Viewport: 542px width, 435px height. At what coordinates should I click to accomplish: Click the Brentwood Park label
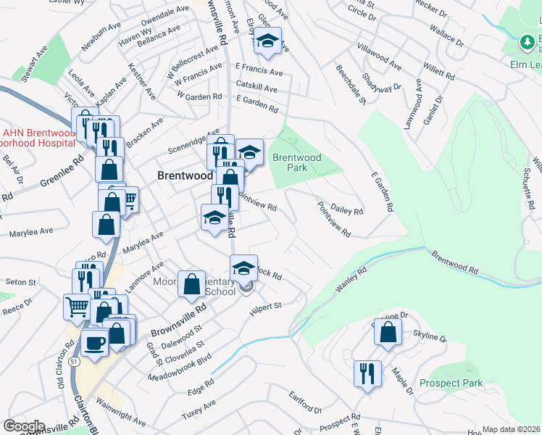click(x=296, y=162)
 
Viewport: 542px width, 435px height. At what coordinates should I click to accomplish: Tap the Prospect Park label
click(x=451, y=383)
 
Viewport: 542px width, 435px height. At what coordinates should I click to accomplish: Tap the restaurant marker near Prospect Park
click(x=367, y=373)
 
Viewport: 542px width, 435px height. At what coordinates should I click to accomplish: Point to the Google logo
click(x=23, y=426)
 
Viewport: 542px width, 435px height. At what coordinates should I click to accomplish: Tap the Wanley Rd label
click(x=352, y=279)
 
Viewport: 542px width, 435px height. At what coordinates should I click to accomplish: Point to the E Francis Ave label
click(x=259, y=72)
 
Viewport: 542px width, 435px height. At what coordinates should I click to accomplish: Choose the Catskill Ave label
click(x=257, y=89)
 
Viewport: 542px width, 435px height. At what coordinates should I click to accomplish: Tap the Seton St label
click(x=20, y=281)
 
